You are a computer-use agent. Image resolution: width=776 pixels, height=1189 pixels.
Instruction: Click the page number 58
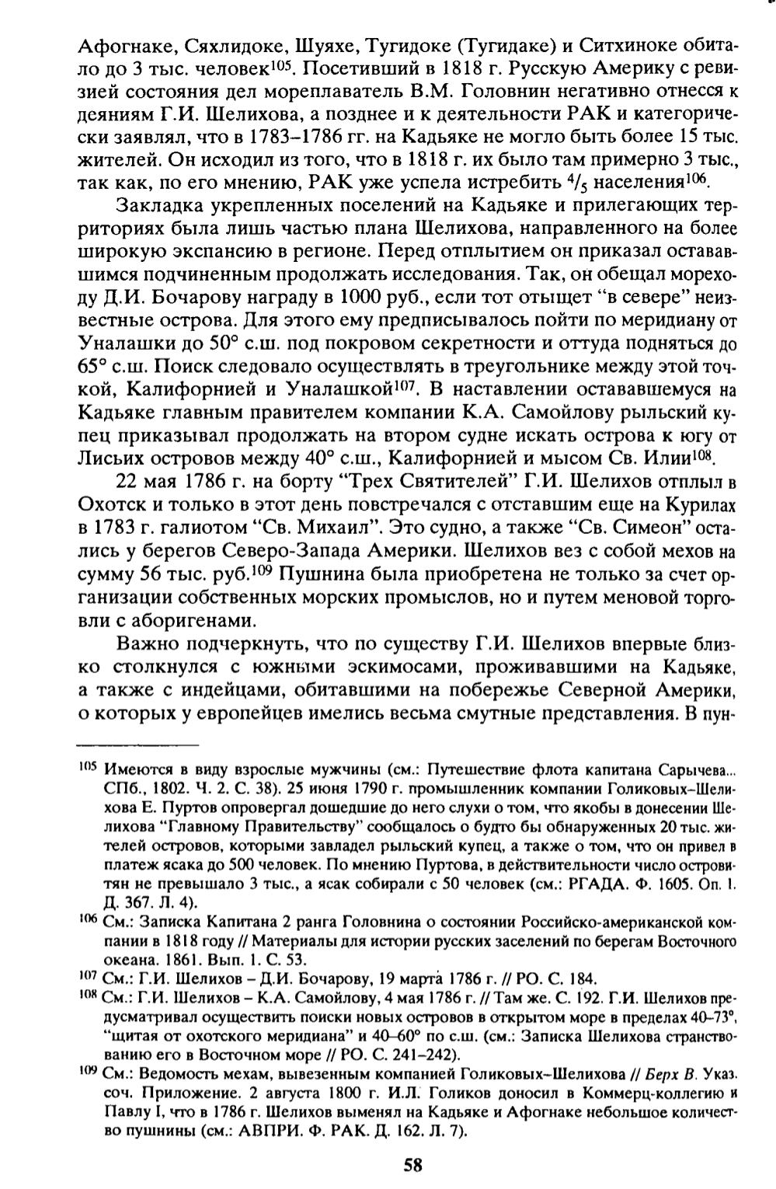click(412, 1164)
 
